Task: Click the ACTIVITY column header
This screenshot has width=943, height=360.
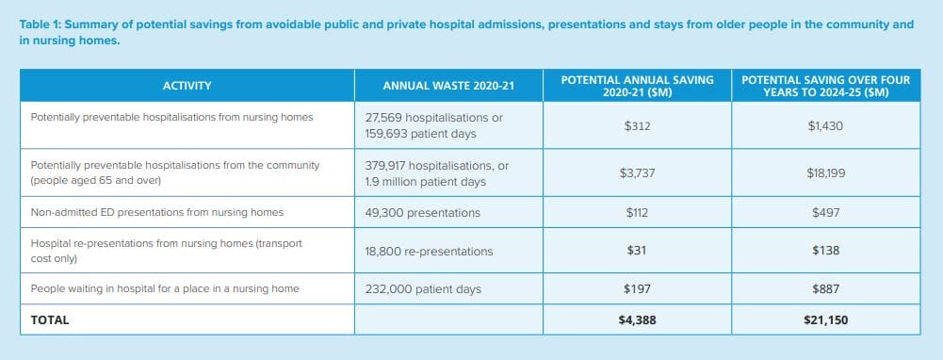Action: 187,86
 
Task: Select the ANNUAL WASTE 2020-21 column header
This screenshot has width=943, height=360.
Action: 448,86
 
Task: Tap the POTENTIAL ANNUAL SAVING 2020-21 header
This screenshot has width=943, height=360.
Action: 637,86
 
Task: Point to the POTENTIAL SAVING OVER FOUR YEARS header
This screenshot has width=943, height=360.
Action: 825,86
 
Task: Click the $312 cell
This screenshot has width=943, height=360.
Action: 637,125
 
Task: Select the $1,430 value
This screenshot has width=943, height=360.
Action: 825,125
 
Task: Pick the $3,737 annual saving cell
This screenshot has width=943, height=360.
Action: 637,172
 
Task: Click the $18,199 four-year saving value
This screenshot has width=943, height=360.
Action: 825,172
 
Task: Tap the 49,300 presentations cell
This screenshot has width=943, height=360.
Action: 422,213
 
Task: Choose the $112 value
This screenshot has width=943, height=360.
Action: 637,213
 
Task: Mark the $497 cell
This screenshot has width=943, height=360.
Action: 825,213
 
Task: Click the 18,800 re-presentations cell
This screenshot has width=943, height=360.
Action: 429,251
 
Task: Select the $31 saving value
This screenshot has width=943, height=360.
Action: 637,251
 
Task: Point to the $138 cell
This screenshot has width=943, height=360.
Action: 825,251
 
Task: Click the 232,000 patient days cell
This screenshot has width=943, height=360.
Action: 422,289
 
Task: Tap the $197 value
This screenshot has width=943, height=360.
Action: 637,289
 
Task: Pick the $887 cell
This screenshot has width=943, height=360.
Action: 825,289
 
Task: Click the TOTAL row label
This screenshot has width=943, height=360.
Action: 49,320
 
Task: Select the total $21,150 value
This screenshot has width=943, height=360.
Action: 825,320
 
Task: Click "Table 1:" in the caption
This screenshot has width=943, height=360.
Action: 41,25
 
